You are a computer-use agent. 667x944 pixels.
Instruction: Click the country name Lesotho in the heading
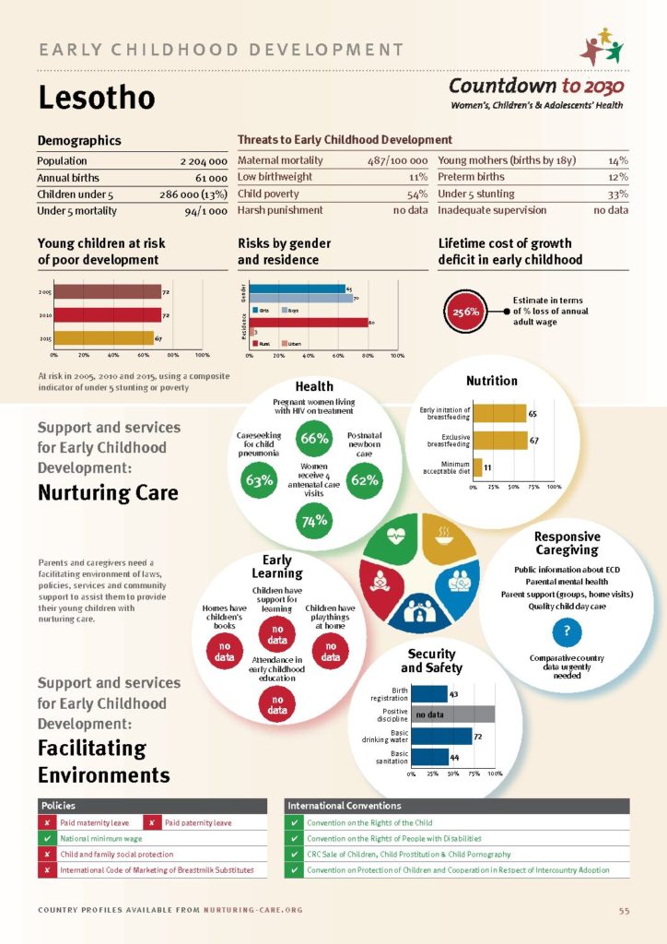click(96, 99)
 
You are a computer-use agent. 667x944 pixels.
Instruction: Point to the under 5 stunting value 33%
click(617, 194)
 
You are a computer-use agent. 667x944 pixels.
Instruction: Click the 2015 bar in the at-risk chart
click(103, 338)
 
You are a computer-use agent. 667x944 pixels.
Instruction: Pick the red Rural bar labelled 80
click(310, 323)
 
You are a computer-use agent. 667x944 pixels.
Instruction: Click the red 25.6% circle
click(465, 312)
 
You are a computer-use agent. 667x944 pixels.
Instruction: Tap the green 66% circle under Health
click(314, 439)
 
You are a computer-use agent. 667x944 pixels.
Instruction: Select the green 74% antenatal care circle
click(314, 522)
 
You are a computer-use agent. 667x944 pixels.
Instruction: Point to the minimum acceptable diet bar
click(477, 466)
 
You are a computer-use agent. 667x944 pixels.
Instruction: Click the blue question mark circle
click(567, 631)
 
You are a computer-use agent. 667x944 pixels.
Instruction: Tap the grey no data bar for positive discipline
click(452, 714)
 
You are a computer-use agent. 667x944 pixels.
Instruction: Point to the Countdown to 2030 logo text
click(536, 87)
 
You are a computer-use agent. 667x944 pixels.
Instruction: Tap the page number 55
click(624, 911)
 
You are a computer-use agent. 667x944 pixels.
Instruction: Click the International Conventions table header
click(457, 806)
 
